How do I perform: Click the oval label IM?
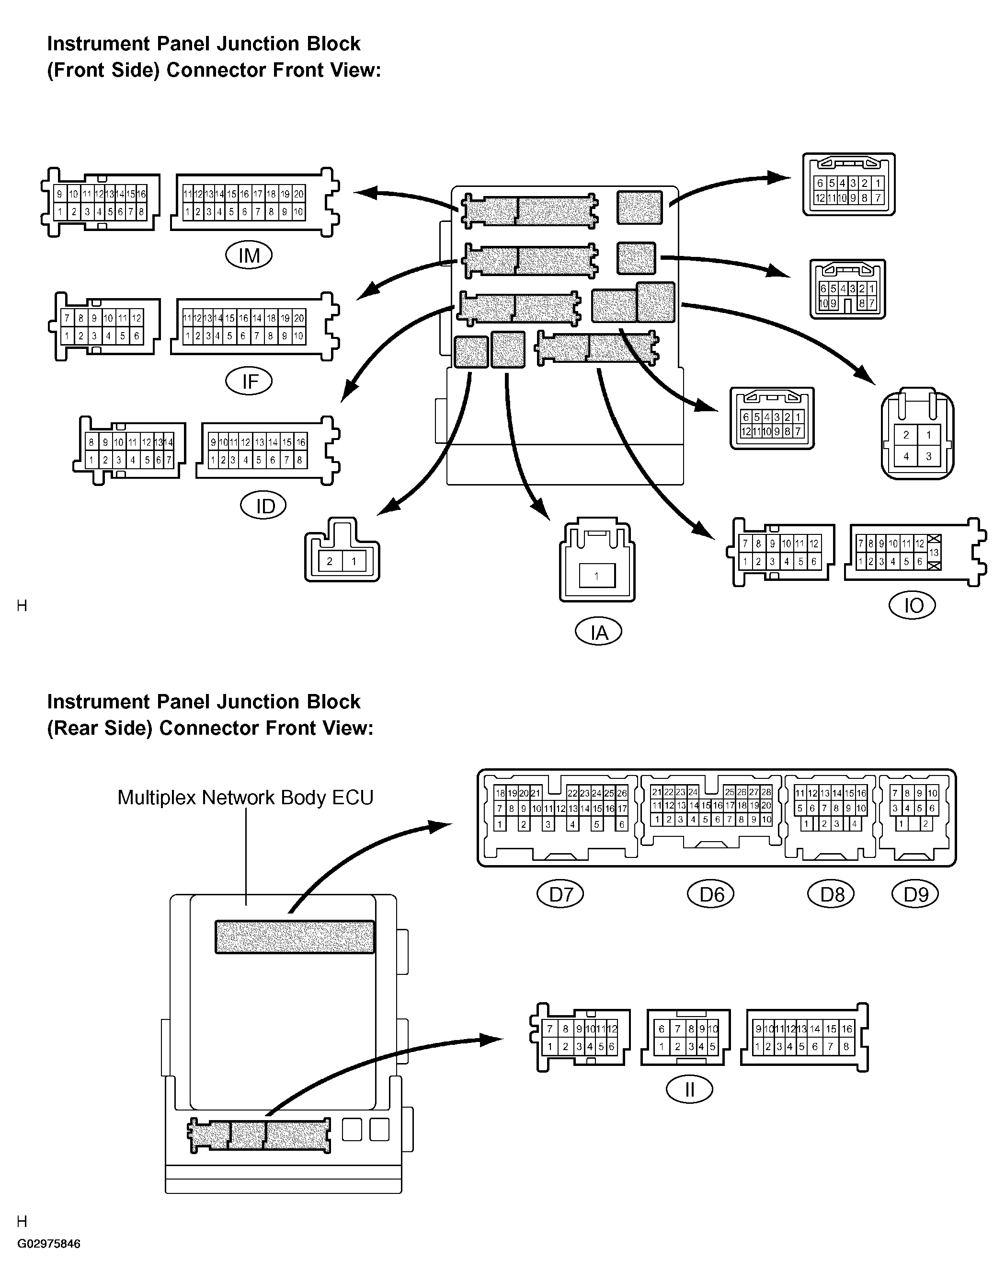[249, 255]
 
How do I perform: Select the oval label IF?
[249, 381]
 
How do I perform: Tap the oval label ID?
[263, 506]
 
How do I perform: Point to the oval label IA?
[598, 632]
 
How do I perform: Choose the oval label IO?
[913, 606]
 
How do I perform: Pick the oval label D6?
[711, 894]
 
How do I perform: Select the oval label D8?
[831, 894]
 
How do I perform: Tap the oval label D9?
[915, 894]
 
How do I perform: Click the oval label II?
[689, 1090]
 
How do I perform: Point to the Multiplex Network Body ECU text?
[245, 798]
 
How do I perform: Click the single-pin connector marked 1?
[597, 576]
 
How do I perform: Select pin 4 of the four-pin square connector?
[906, 456]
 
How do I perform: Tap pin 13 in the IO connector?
[934, 553]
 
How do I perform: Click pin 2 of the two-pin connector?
[330, 561]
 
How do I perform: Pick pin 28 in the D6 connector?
[766, 792]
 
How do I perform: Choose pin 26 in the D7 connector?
[622, 794]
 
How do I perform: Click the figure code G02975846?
[49, 1244]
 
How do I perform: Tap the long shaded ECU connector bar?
[295, 937]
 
